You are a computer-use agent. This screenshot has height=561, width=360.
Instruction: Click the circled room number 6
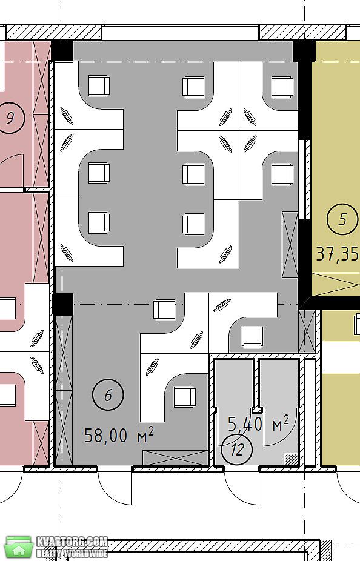(108, 394)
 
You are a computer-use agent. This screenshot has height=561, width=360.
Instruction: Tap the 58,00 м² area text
(119, 435)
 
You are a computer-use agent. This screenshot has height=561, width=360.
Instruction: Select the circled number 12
(236, 450)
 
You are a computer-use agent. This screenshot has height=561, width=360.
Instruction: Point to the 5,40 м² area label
(258, 423)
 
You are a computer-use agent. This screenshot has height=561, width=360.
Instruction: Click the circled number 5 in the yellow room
(342, 219)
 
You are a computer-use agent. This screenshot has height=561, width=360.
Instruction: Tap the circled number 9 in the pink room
(10, 118)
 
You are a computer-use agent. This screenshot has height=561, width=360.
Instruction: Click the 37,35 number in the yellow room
(338, 254)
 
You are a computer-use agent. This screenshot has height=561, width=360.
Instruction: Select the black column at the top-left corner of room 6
(62, 50)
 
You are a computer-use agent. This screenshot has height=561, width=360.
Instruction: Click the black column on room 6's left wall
(62, 304)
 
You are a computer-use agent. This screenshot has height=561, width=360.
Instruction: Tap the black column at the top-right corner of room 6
(304, 51)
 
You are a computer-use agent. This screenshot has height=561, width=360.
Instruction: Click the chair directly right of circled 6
(185, 397)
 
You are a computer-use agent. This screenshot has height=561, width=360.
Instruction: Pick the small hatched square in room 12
(292, 459)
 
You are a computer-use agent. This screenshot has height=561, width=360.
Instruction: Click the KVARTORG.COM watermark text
(72, 542)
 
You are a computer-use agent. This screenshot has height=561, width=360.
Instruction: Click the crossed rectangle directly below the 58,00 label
(175, 459)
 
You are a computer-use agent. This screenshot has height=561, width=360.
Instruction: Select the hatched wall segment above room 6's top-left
(54, 33)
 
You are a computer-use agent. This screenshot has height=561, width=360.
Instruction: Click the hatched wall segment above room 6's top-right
(303, 33)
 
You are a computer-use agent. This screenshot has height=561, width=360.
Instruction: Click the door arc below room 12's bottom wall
(241, 487)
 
